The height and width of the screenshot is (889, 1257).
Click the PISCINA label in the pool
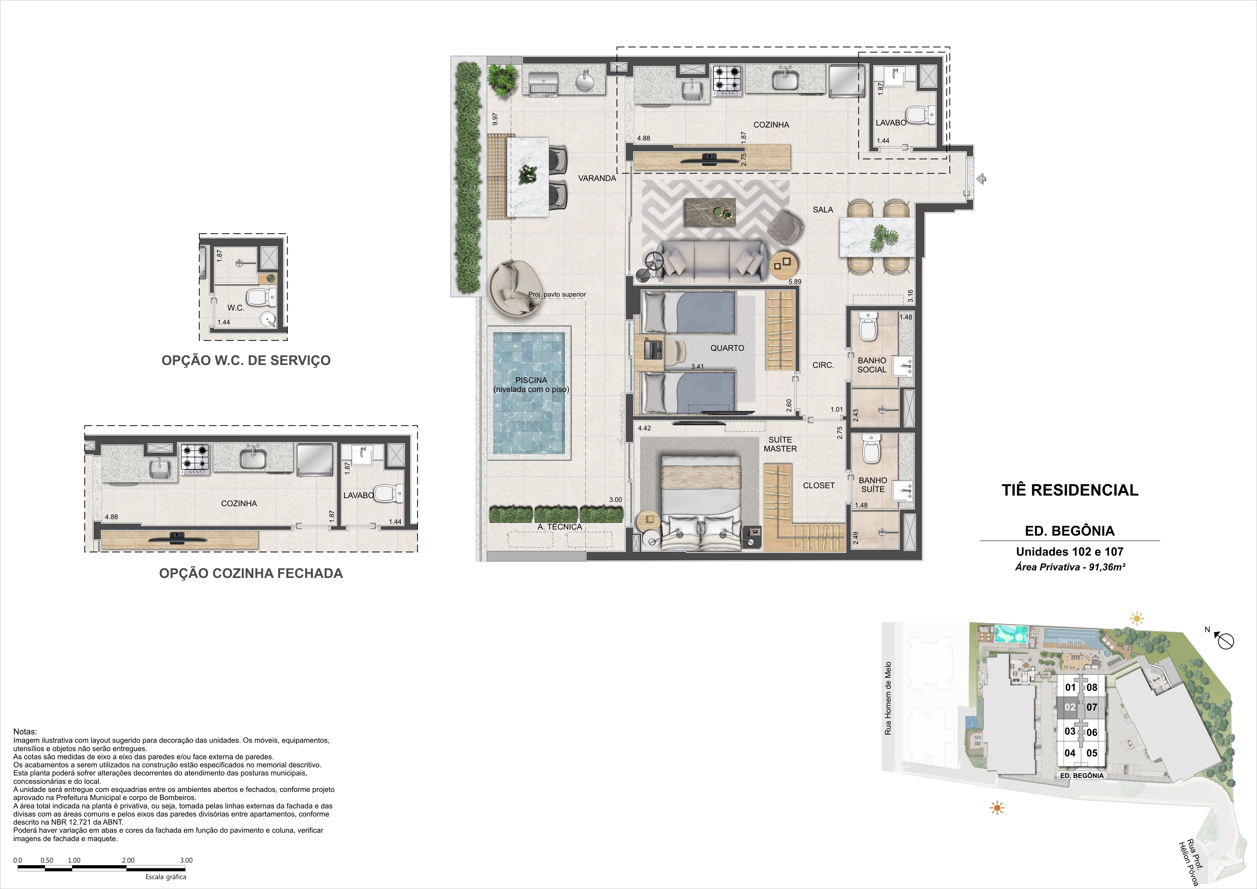coord(531,380)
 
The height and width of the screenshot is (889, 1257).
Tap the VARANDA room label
coord(597,178)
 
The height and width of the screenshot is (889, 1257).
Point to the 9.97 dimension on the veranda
coord(495,119)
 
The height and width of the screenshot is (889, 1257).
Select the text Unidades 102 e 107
coord(1070,552)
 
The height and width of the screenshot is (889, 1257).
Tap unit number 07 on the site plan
coord(1092,707)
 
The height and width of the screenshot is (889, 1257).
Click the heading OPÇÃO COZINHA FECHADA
coord(251,573)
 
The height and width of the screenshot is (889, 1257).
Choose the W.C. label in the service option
coord(236,308)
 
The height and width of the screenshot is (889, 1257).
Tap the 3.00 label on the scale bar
coord(186,860)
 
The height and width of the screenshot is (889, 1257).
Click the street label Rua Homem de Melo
coord(888,698)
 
